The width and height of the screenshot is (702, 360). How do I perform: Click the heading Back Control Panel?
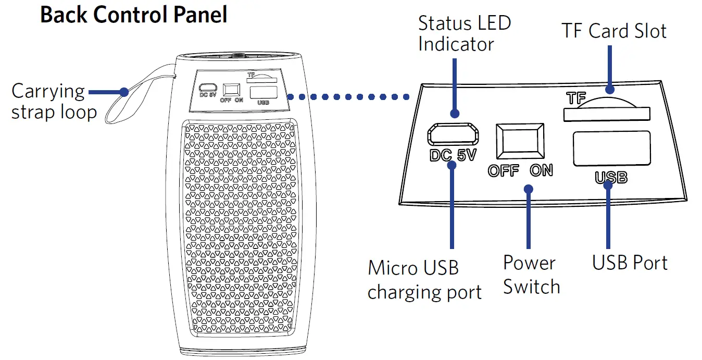pyautogui.click(x=134, y=15)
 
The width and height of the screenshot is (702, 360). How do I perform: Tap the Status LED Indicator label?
pyautogui.click(x=464, y=33)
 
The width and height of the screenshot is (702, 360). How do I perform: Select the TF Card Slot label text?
pyautogui.click(x=614, y=31)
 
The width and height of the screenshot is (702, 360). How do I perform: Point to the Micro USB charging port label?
pyautogui.click(x=424, y=280)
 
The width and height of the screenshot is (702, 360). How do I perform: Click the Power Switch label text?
pyautogui.click(x=531, y=275)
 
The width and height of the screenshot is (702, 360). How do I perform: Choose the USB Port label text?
pyautogui.click(x=630, y=263)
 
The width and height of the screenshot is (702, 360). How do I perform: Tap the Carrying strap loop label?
pyautogui.click(x=54, y=102)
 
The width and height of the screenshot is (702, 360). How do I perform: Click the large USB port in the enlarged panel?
pyautogui.click(x=611, y=148)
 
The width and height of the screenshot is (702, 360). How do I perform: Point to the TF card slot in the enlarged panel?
pyautogui.click(x=607, y=114)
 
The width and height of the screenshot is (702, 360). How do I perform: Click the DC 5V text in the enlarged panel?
pyautogui.click(x=453, y=155)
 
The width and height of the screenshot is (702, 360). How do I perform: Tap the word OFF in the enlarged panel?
pyautogui.click(x=503, y=171)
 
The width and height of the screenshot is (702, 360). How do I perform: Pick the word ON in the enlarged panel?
pyautogui.click(x=541, y=170)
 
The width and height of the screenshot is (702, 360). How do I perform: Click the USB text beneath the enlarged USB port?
pyautogui.click(x=611, y=178)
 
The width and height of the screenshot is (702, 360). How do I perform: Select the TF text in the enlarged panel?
pyautogui.click(x=575, y=97)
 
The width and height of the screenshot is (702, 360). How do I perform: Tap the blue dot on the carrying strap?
pyautogui.click(x=123, y=92)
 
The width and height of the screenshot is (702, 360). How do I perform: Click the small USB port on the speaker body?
pyautogui.click(x=264, y=93)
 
